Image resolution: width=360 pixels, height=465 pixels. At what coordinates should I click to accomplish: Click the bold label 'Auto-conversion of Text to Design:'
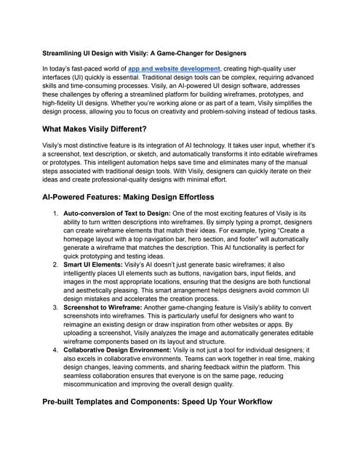pyautogui.click(x=122, y=213)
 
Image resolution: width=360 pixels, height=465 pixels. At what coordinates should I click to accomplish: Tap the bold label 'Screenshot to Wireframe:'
pyautogui.click(x=109, y=308)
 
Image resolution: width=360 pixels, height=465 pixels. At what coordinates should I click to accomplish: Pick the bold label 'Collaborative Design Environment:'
pyautogui.click(x=127, y=349)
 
